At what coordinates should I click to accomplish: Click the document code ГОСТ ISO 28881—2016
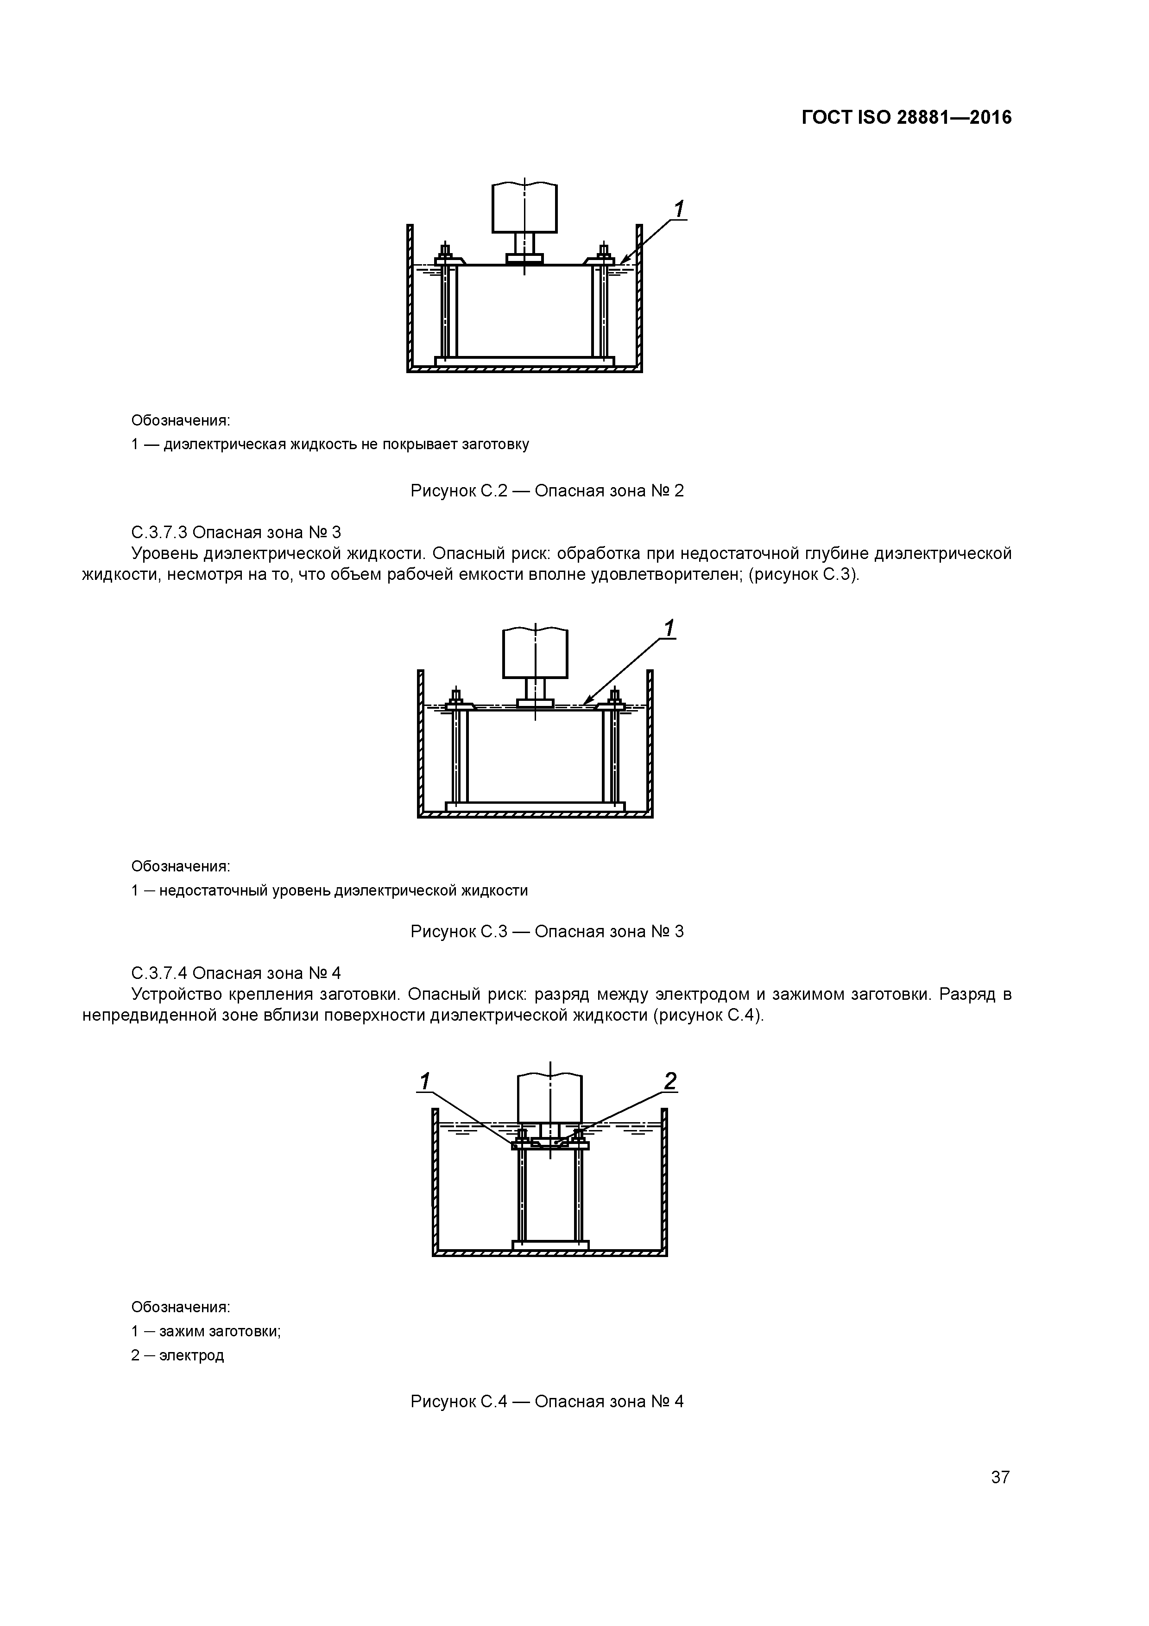coord(906,118)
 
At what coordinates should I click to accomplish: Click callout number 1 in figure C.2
coord(678,209)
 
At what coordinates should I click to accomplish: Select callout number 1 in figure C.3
coord(668,628)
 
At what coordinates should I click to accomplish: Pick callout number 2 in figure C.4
coord(670,1081)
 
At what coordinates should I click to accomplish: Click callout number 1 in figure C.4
coord(425,1081)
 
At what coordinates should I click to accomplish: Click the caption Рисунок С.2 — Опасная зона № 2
coord(547,491)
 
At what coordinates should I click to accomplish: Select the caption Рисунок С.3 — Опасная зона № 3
coord(547,931)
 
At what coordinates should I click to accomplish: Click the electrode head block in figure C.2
coord(524,208)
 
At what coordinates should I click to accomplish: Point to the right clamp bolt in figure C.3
coord(614,697)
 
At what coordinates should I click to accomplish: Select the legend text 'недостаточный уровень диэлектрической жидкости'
coord(343,890)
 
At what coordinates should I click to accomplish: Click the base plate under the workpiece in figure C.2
coord(524,361)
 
